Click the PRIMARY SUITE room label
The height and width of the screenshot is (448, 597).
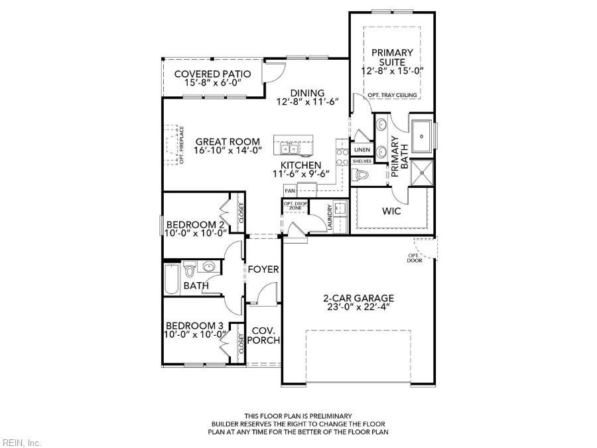pyautogui.click(x=392, y=57)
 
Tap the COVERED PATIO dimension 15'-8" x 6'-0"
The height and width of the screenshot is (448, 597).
pyautogui.click(x=213, y=83)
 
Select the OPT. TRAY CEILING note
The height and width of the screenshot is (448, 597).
pyautogui.click(x=392, y=95)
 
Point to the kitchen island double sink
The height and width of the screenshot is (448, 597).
pyautogui.click(x=290, y=149)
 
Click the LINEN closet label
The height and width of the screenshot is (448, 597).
pyautogui.click(x=362, y=150)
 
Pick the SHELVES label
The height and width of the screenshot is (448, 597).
pyautogui.click(x=362, y=161)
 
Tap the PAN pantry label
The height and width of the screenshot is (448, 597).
pyautogui.click(x=290, y=190)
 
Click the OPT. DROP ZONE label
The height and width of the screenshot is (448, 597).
pyautogui.click(x=295, y=206)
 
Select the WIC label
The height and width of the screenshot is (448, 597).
pyautogui.click(x=391, y=210)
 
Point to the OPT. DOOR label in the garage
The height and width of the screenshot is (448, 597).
pyautogui.click(x=414, y=258)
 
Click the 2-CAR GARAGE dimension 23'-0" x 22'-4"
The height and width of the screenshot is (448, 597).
pyautogui.click(x=359, y=307)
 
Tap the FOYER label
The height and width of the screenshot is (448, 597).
pyautogui.click(x=263, y=269)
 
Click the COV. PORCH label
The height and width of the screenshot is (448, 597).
pyautogui.click(x=263, y=335)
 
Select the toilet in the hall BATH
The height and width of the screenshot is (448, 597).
pyautogui.click(x=189, y=269)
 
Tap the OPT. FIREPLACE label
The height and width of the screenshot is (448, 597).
pyautogui.click(x=182, y=145)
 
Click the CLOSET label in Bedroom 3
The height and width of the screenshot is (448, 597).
pyautogui.click(x=241, y=343)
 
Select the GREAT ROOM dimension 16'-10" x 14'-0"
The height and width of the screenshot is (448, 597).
pyautogui.click(x=228, y=150)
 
